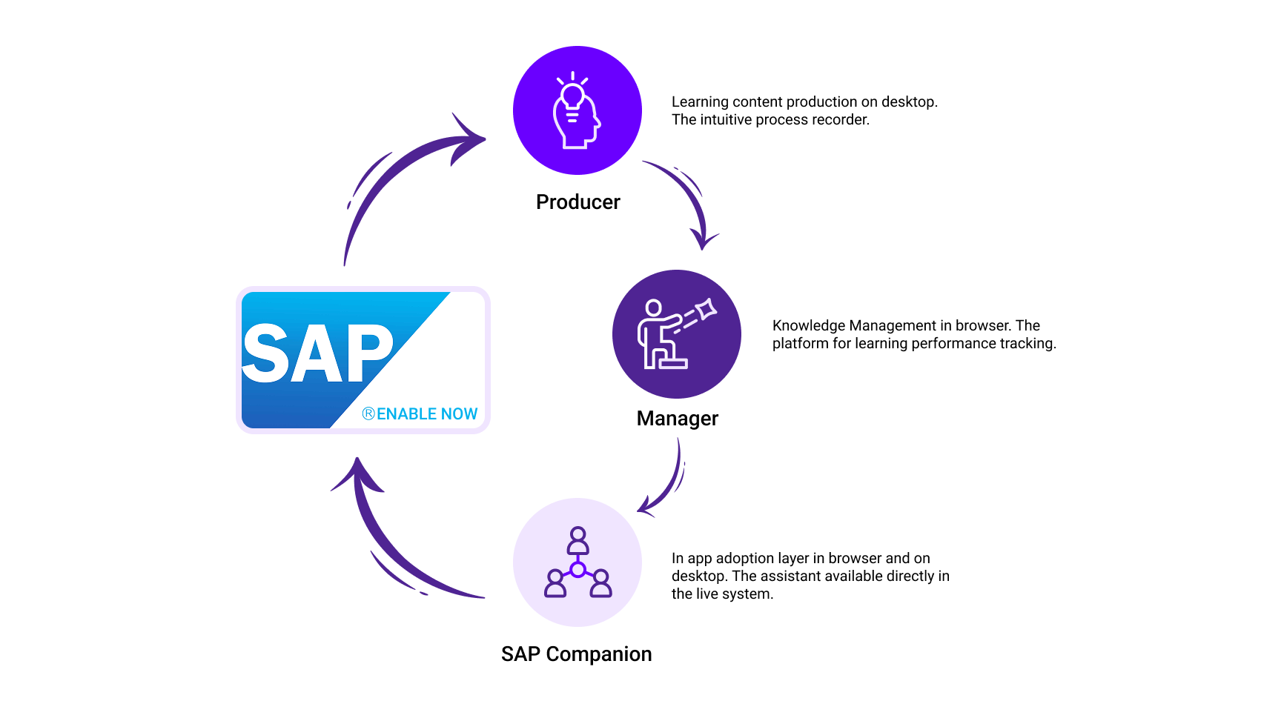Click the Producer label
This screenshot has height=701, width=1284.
pos(578,202)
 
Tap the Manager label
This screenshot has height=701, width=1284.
pos(678,419)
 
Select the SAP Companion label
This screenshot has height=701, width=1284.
pos(577,654)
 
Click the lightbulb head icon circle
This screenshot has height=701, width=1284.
pos(578,110)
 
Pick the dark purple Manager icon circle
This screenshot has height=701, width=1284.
pos(677,334)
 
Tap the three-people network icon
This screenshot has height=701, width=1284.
pos(578,562)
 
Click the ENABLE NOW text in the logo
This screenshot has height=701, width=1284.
pos(427,414)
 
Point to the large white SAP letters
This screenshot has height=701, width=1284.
pos(318,353)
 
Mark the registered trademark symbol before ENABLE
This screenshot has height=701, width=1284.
pos(368,414)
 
